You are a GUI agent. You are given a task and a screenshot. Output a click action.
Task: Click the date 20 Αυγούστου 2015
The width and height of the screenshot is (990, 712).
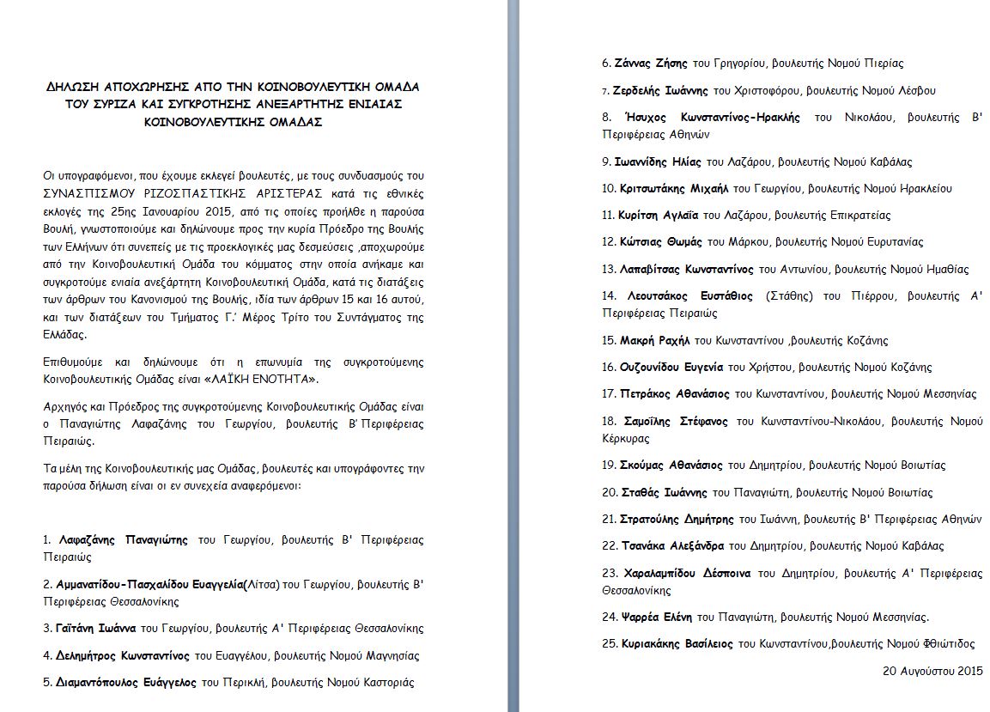932,670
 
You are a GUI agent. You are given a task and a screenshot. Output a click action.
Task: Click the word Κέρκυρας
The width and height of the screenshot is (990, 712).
627,438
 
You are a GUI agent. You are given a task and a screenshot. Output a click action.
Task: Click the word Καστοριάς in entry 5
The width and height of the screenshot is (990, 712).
385,683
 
